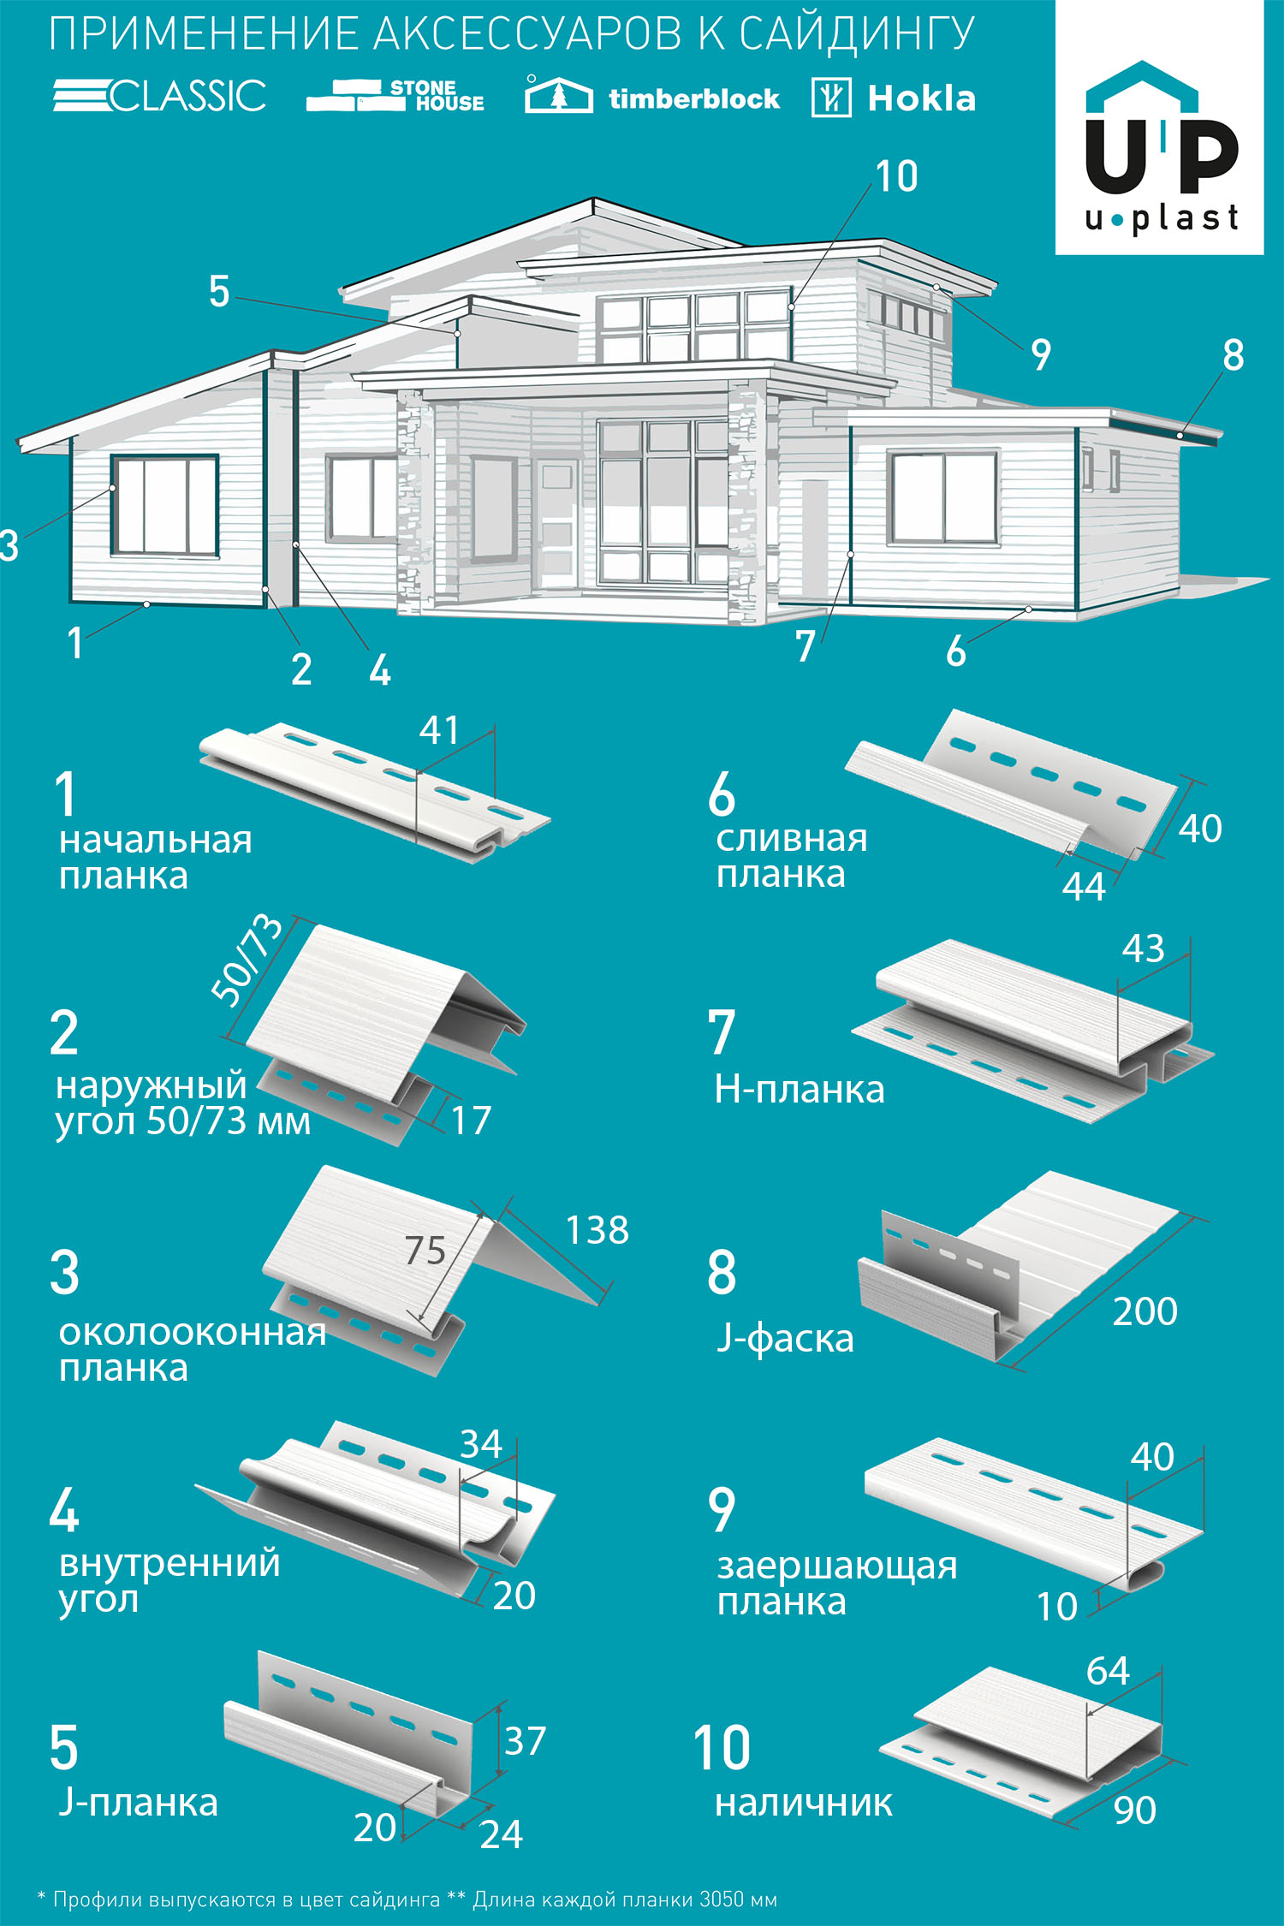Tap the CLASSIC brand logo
pos(160,95)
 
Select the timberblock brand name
pos(693,98)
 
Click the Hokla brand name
pos(921,98)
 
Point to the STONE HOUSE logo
pos(395,96)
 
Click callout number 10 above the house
pos(896,176)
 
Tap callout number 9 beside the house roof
pos(1040,354)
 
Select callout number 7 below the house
pos(805,646)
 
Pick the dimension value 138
pos(597,1230)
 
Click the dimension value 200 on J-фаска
pos(1144,1311)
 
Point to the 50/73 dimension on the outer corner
pos(247,958)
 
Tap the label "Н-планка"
pos(799,1090)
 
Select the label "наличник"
pos(803,1803)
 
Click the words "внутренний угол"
pos(169,1580)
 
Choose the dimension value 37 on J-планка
pos(525,1741)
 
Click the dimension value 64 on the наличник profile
pos(1107,1671)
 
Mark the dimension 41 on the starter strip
pos(439,730)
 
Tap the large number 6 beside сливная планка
pos(722,794)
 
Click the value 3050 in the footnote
pos(720,1899)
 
